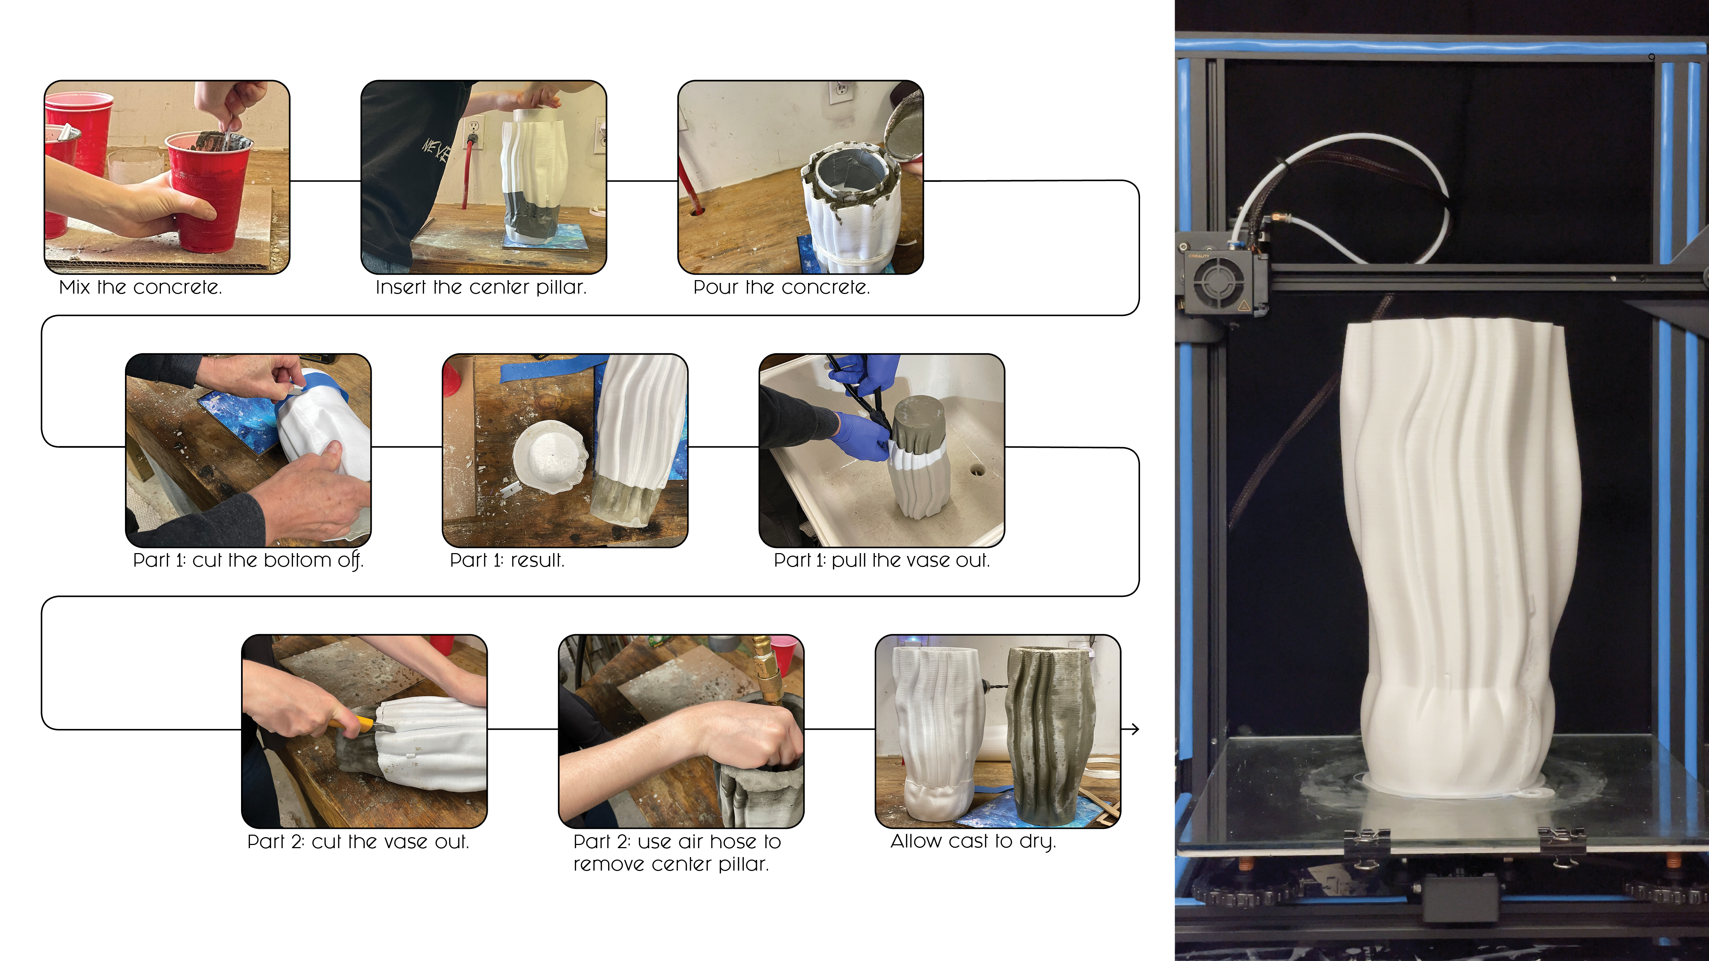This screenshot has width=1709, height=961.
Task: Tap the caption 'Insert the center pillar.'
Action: (x=481, y=287)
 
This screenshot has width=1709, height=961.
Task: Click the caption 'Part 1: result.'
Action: (x=507, y=561)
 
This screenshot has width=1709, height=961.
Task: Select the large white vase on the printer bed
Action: (x=1459, y=557)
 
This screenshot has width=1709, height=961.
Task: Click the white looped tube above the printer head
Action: (x=1347, y=192)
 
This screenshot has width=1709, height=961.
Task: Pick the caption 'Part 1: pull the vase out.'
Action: (x=882, y=561)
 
